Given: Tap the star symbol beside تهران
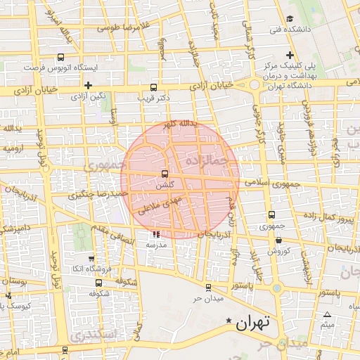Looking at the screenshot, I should [x=228, y=322].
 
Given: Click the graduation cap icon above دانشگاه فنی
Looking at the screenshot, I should [x=290, y=19].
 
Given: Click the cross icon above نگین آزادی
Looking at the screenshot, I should [x=88, y=84].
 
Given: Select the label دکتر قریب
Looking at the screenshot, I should [x=153, y=98].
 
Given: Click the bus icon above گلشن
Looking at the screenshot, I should [x=165, y=173].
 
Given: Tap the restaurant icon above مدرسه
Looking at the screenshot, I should [x=155, y=235].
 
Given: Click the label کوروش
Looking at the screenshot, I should [x=278, y=250].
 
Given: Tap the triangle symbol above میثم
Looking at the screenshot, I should [x=328, y=314].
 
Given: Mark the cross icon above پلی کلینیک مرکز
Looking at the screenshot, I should [x=289, y=56].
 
